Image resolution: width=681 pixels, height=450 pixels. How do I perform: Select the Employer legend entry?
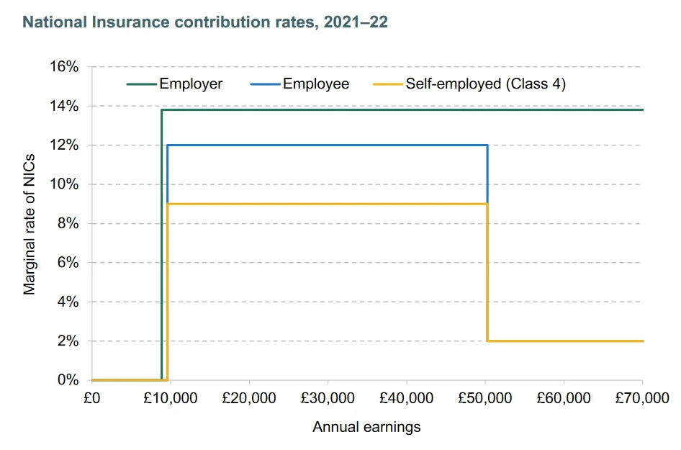click(191, 84)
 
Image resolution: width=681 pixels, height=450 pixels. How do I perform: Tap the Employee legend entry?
click(315, 84)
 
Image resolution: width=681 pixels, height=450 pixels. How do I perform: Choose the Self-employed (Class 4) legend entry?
click(485, 84)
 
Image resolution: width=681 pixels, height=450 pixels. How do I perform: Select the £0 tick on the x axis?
click(92, 398)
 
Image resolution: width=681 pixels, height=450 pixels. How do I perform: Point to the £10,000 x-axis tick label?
click(171, 398)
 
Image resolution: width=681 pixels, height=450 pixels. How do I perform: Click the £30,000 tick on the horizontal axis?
click(328, 398)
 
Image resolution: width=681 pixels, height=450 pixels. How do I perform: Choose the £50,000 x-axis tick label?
click(485, 398)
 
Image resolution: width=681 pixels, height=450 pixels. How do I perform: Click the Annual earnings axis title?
click(366, 427)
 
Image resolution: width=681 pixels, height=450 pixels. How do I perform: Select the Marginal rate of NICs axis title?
click(30, 223)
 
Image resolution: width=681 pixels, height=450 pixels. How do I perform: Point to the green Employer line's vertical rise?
click(161, 245)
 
